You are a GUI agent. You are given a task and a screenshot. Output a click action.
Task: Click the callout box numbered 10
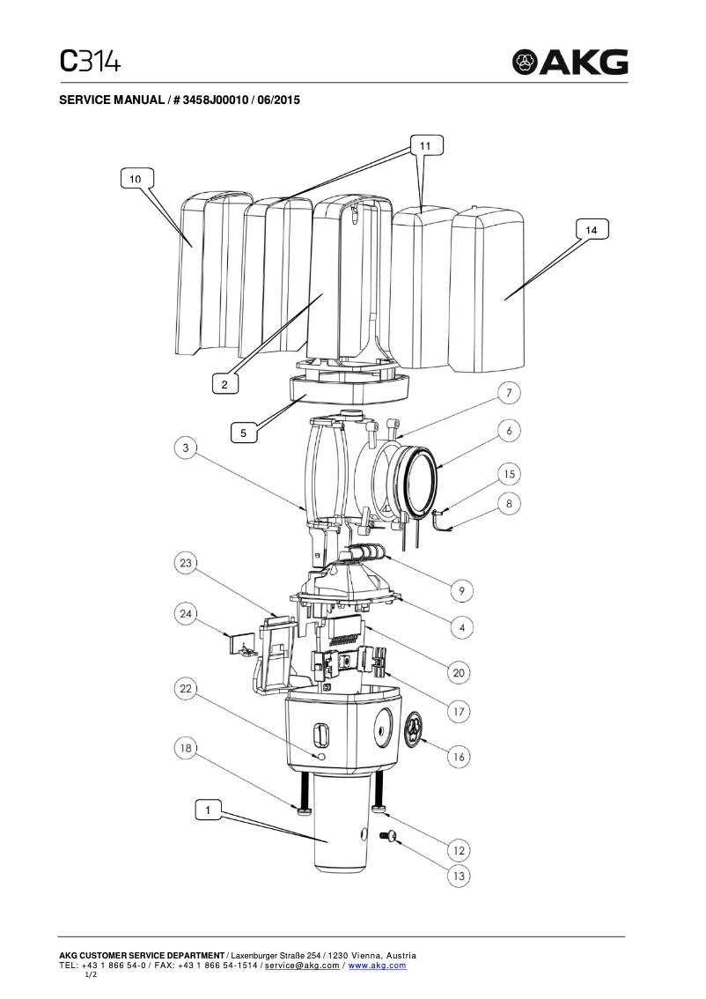click(x=135, y=179)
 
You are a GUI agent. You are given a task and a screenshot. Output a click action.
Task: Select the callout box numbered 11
click(x=425, y=144)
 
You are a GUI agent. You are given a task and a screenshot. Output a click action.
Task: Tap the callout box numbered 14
click(x=592, y=229)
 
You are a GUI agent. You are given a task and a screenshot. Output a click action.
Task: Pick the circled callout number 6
click(x=508, y=431)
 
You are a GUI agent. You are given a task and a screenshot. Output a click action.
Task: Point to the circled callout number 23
click(x=186, y=563)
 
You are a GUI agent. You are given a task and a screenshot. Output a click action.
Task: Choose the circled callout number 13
click(x=459, y=876)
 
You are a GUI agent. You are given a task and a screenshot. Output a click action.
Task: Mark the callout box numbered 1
click(x=208, y=809)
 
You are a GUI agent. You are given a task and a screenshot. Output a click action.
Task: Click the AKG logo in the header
click(x=571, y=62)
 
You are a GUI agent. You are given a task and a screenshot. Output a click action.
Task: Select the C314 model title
click(x=90, y=60)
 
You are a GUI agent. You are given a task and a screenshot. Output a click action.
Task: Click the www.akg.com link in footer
click(x=378, y=966)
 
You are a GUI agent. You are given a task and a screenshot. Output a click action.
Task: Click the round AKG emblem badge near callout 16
click(x=415, y=730)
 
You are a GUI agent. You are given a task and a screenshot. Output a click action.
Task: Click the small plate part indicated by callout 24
click(x=239, y=645)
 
